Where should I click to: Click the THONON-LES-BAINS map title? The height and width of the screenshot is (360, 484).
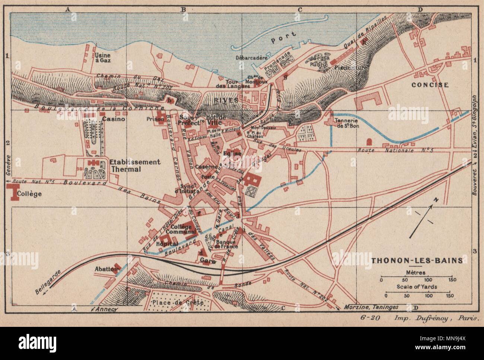click(x=417, y=260)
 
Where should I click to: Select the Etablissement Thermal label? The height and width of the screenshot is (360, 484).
click(x=135, y=165)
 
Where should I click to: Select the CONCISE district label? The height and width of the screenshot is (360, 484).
click(x=430, y=85)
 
